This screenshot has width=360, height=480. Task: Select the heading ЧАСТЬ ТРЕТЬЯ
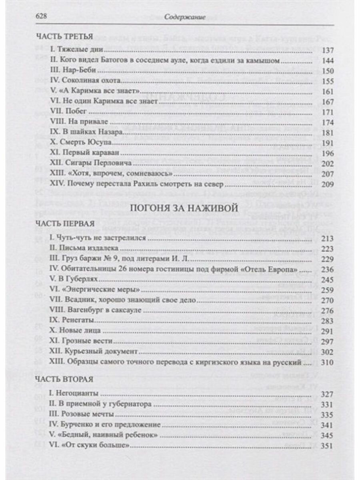pos(64,37)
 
